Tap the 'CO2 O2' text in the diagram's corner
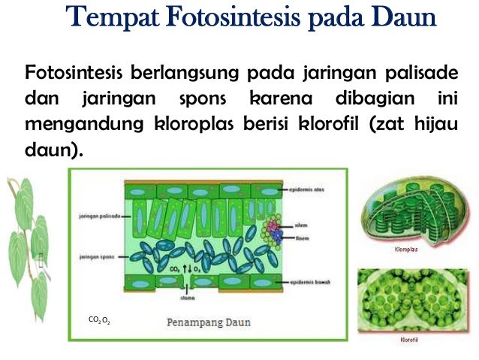point(99,320)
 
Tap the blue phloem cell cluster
point(277,234)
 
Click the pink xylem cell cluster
point(271,224)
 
